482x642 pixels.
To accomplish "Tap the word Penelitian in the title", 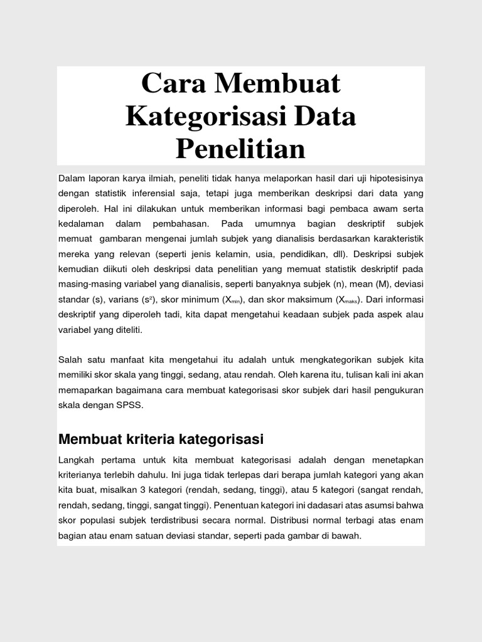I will (240, 149).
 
